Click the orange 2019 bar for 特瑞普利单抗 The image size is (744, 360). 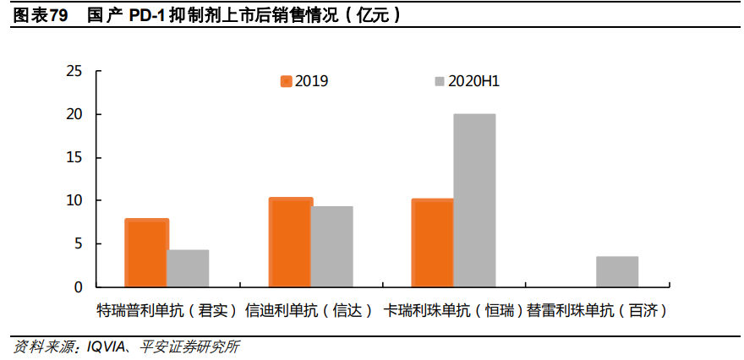coord(146,253)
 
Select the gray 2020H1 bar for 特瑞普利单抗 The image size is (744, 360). coord(188,269)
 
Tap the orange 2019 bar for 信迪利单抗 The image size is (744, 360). coord(290,243)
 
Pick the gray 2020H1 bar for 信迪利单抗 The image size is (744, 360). coord(331,247)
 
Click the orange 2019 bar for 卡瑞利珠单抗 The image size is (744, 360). coord(432,243)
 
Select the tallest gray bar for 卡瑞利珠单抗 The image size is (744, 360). coord(474,201)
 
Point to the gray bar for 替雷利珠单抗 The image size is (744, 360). coord(617,272)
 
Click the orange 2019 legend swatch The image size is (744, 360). coord(286,81)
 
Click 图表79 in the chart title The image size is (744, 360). coord(41,16)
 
